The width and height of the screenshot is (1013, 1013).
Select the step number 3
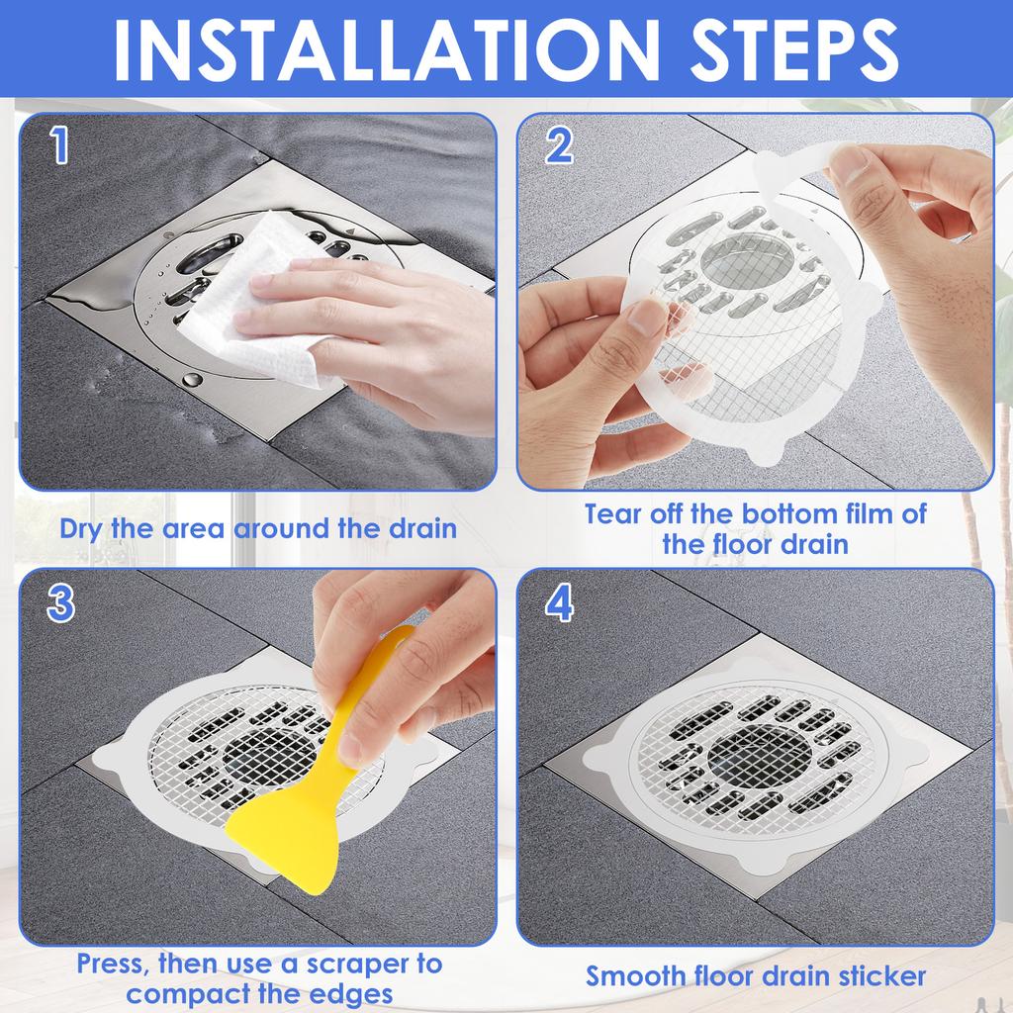point(61,602)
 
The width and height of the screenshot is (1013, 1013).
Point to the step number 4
point(559,602)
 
